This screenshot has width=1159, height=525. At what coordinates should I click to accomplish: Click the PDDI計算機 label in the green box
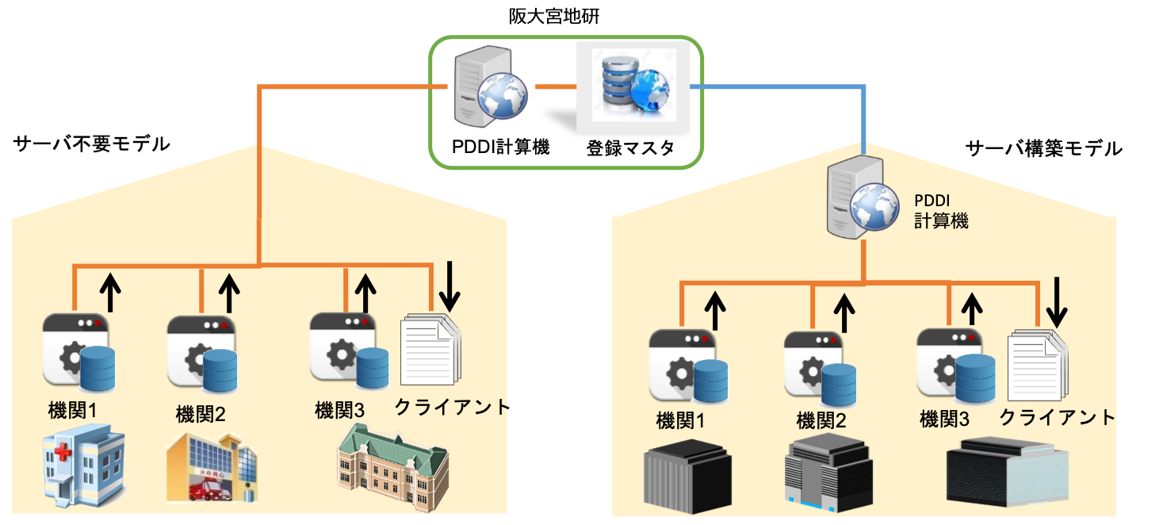500,148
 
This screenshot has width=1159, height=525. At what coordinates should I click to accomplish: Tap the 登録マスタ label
630,148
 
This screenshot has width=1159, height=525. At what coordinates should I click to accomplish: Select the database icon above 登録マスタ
626,86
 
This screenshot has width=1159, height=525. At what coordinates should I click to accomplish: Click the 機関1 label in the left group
72,411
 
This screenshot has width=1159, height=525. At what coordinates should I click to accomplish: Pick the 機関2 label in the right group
821,420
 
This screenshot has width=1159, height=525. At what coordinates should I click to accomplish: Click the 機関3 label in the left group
339,410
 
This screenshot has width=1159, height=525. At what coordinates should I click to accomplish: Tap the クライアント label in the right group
1057,417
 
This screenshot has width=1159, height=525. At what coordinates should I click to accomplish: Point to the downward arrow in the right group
1056,303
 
